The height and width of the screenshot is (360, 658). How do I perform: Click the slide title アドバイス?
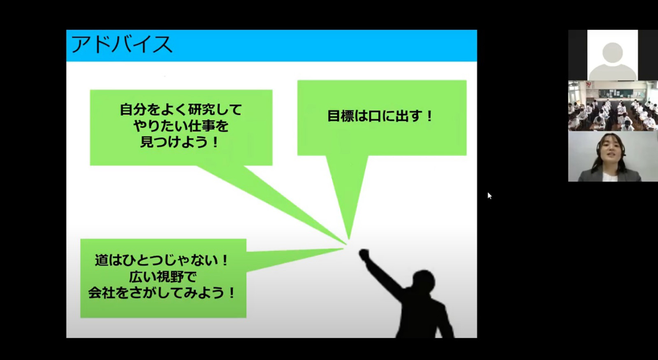coord(121,45)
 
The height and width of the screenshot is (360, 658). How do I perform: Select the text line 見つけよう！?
coord(180,142)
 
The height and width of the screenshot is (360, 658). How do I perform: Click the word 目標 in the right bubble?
coord(341,116)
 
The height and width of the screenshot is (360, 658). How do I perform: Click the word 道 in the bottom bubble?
coord(101,260)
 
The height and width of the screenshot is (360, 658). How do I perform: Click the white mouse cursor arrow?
coord(489,196)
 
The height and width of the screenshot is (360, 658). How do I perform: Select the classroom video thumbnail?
coord(613,106)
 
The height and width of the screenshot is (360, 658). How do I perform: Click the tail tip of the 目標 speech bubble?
coord(349,239)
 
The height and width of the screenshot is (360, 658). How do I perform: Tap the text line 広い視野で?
coord(163,277)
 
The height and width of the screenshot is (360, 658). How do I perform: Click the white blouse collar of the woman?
coord(610,177)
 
